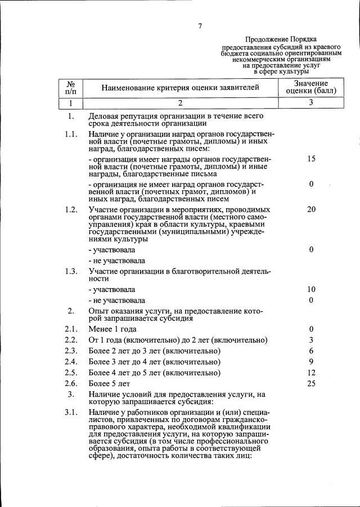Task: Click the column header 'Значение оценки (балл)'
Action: (x=311, y=87)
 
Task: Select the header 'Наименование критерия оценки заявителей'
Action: (x=181, y=87)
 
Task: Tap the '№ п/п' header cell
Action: (x=71, y=87)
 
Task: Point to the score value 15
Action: (x=311, y=159)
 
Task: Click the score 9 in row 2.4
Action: (x=311, y=361)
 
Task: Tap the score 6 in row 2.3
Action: (x=311, y=351)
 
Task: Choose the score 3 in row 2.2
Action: (x=311, y=340)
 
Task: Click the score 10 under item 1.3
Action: (x=311, y=289)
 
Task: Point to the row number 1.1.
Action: (x=71, y=134)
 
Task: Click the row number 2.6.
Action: (x=71, y=383)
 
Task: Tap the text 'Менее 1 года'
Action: (x=112, y=329)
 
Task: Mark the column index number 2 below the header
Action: (x=181, y=103)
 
